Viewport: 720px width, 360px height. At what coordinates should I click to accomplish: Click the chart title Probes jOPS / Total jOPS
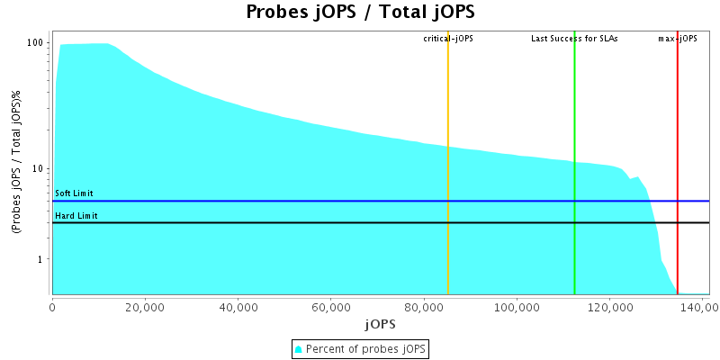click(x=360, y=13)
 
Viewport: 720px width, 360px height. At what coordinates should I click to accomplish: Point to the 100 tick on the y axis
click(x=36, y=43)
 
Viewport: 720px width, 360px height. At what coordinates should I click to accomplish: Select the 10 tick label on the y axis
click(x=39, y=169)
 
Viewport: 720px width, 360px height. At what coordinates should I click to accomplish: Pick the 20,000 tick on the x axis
click(x=145, y=306)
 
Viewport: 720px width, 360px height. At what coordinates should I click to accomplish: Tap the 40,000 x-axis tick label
click(x=238, y=306)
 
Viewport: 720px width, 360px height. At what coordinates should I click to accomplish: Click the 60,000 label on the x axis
click(x=330, y=306)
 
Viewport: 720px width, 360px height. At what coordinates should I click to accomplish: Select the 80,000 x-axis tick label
click(x=423, y=306)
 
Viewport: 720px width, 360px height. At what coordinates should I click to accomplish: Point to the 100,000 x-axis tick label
click(x=516, y=306)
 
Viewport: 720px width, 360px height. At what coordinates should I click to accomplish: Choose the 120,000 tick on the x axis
click(x=609, y=306)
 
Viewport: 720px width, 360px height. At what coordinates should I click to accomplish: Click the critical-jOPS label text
click(x=448, y=39)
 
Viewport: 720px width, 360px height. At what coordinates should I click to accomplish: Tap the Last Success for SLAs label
click(x=574, y=39)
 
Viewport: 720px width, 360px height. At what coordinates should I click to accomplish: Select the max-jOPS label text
click(x=678, y=39)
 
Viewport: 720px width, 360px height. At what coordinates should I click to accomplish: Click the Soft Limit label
click(x=74, y=193)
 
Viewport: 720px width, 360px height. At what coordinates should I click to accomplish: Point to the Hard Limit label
click(x=76, y=216)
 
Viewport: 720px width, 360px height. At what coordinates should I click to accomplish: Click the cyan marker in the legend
click(x=300, y=348)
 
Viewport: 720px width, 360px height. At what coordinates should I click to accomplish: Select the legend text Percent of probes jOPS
click(x=366, y=348)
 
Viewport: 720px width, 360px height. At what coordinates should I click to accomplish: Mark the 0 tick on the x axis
click(x=52, y=306)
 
